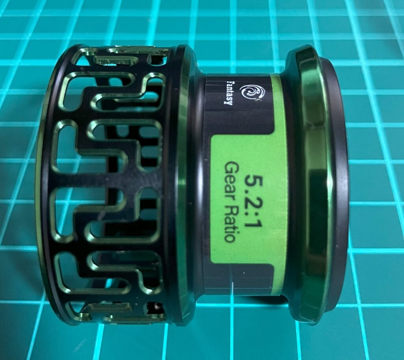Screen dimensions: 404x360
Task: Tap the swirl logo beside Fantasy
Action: click(x=252, y=93)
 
